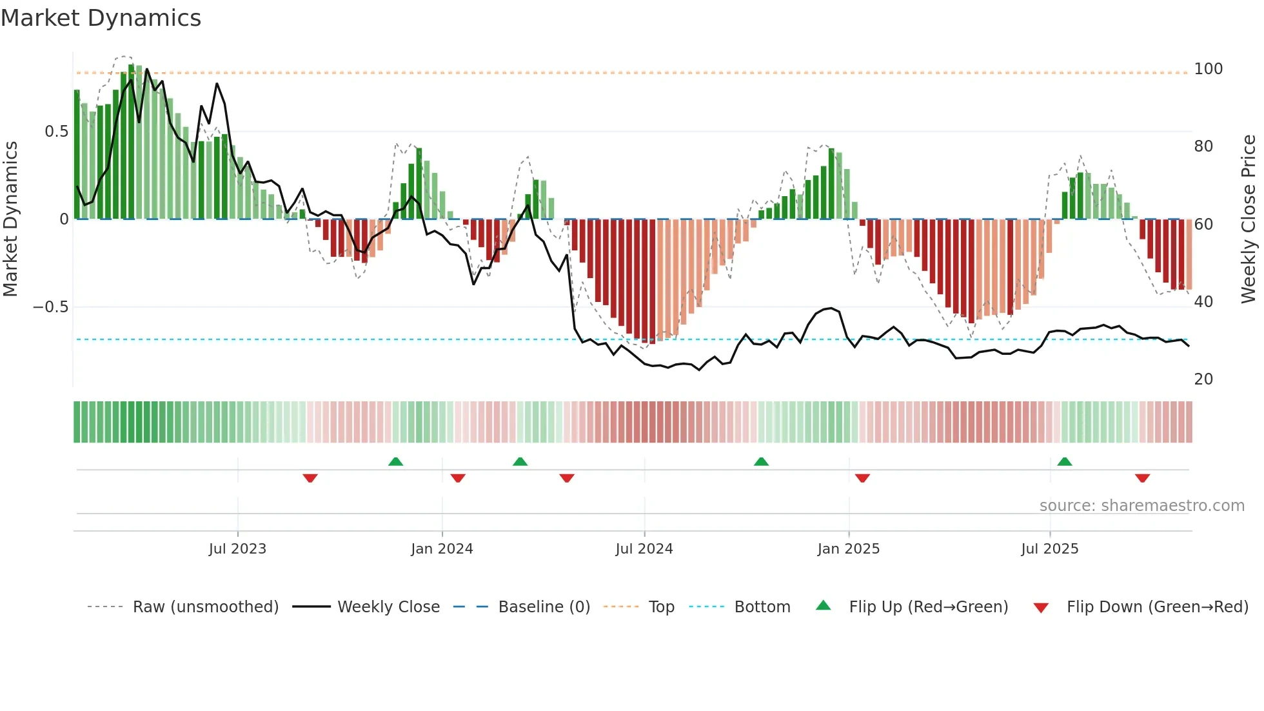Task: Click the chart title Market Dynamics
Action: [x=101, y=18]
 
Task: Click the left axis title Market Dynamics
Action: [x=10, y=219]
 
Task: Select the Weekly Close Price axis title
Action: [x=1249, y=219]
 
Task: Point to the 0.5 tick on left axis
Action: [x=56, y=132]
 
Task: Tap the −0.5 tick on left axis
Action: [x=51, y=307]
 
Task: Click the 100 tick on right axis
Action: [x=1208, y=69]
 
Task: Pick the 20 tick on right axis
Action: [x=1203, y=379]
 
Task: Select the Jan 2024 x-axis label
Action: [x=442, y=549]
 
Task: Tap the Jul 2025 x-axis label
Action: [x=1049, y=549]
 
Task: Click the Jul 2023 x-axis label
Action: [x=237, y=549]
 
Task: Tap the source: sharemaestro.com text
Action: [x=1141, y=506]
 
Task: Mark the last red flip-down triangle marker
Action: [x=1142, y=478]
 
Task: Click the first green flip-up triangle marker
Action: [x=395, y=461]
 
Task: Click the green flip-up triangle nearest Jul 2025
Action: [x=1065, y=461]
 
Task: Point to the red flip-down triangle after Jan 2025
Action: [x=862, y=478]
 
